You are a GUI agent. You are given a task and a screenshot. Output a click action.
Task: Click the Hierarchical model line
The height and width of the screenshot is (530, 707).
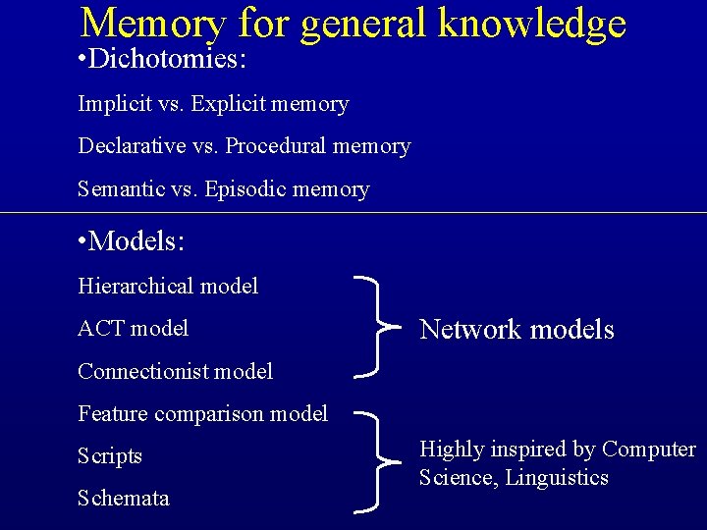click(168, 286)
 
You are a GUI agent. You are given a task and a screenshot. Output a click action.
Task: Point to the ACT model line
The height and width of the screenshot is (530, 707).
click(133, 328)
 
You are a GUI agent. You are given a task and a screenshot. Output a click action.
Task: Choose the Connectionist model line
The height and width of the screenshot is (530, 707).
click(175, 371)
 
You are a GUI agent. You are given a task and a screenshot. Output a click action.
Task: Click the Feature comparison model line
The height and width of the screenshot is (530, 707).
click(202, 413)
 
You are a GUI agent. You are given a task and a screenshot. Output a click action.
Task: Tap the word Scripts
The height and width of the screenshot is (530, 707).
click(110, 456)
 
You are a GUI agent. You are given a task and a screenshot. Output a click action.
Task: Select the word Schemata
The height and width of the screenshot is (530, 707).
click(123, 499)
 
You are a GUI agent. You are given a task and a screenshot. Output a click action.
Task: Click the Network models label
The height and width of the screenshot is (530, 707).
click(517, 330)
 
